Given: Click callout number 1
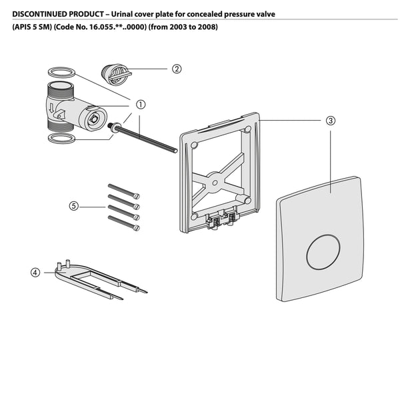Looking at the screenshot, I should (x=141, y=105).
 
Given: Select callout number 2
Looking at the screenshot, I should (x=177, y=69).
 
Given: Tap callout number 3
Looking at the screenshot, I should (x=330, y=121).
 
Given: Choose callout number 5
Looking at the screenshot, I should (x=73, y=206).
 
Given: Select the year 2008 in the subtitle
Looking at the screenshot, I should (x=207, y=27).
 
